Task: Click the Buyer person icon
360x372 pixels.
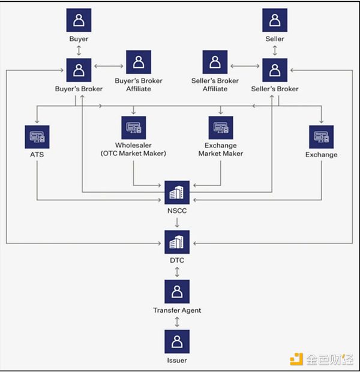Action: [x=79, y=20]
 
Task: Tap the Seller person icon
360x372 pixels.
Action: [x=275, y=20]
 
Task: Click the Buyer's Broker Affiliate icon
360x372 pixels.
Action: [x=138, y=62]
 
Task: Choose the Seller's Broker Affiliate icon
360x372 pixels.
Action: [x=215, y=62]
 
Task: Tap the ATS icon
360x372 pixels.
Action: [x=37, y=137]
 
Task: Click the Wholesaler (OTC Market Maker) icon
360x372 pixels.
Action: [x=133, y=127]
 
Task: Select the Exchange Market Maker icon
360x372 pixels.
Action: [x=221, y=127]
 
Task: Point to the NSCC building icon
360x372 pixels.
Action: [x=177, y=193]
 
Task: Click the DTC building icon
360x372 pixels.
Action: [x=177, y=242]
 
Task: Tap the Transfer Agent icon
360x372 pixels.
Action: [x=177, y=292]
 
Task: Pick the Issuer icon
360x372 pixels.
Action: [x=177, y=341]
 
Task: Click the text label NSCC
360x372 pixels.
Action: [x=177, y=211]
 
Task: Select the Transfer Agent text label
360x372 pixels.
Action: [x=177, y=310]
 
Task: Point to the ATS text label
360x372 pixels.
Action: [x=37, y=155]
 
